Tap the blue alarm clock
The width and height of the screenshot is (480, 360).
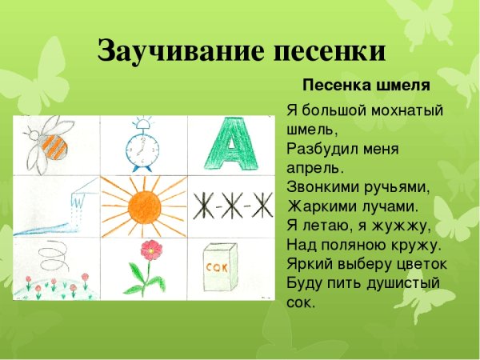143,147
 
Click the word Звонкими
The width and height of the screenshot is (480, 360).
320,187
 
